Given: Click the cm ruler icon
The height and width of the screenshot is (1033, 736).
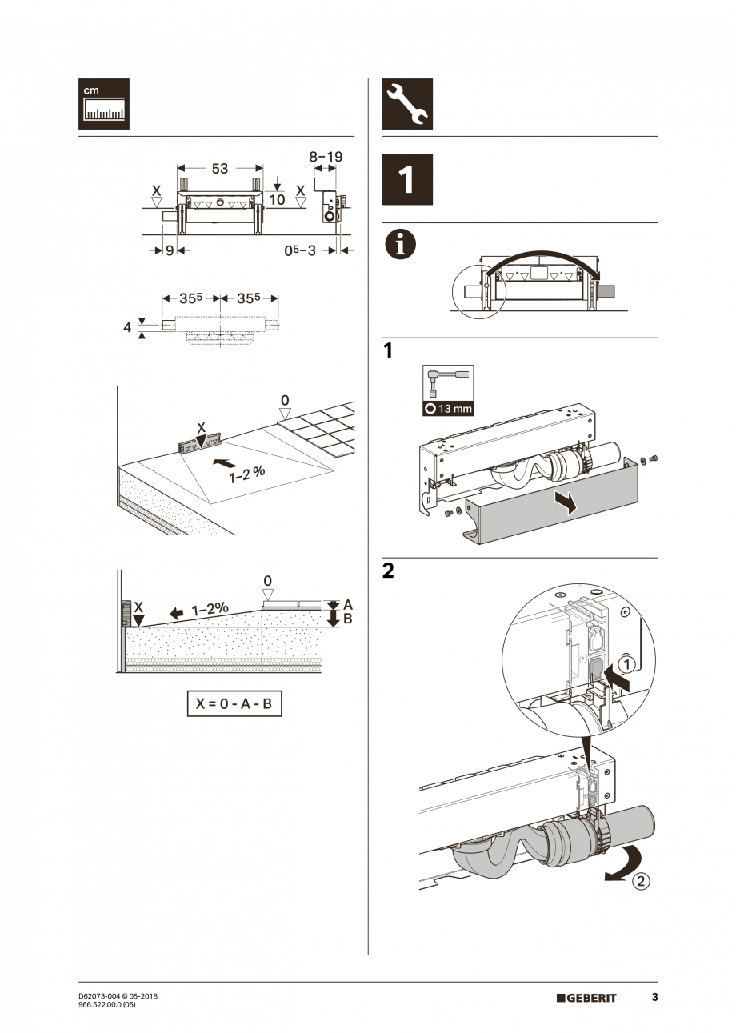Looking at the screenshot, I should (x=103, y=104).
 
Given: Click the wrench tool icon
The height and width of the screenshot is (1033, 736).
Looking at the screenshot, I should (x=406, y=104).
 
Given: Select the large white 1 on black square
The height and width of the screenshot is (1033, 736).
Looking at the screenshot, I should (x=406, y=180).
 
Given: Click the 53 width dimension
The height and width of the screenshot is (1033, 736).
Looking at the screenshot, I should (x=219, y=169).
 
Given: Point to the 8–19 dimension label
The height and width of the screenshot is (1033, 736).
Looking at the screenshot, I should (x=326, y=157).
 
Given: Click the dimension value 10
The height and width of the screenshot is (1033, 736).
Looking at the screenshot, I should (x=276, y=198).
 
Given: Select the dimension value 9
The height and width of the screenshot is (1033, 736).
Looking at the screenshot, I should (x=170, y=251).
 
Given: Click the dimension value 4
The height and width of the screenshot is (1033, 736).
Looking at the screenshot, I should (x=127, y=327).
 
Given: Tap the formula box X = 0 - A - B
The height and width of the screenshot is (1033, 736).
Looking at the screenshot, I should (x=234, y=704).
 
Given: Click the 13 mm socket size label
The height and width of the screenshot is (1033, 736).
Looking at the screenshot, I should (x=448, y=408).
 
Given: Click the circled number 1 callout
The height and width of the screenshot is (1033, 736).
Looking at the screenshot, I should (x=628, y=664).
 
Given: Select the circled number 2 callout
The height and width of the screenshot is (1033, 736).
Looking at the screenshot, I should (x=641, y=883).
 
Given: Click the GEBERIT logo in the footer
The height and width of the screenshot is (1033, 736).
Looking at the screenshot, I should (x=586, y=998).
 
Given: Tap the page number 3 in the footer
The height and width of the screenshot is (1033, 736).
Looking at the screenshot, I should (x=654, y=998).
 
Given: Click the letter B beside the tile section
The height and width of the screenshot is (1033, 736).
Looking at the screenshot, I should (x=347, y=619).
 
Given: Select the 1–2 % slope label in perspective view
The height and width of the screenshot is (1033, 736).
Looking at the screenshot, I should (x=247, y=474).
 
